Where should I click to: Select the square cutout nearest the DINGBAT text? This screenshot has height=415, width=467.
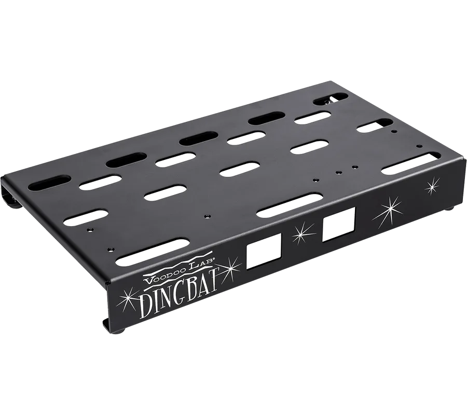point(264,251)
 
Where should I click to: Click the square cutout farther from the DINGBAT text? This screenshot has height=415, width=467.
point(339,224)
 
